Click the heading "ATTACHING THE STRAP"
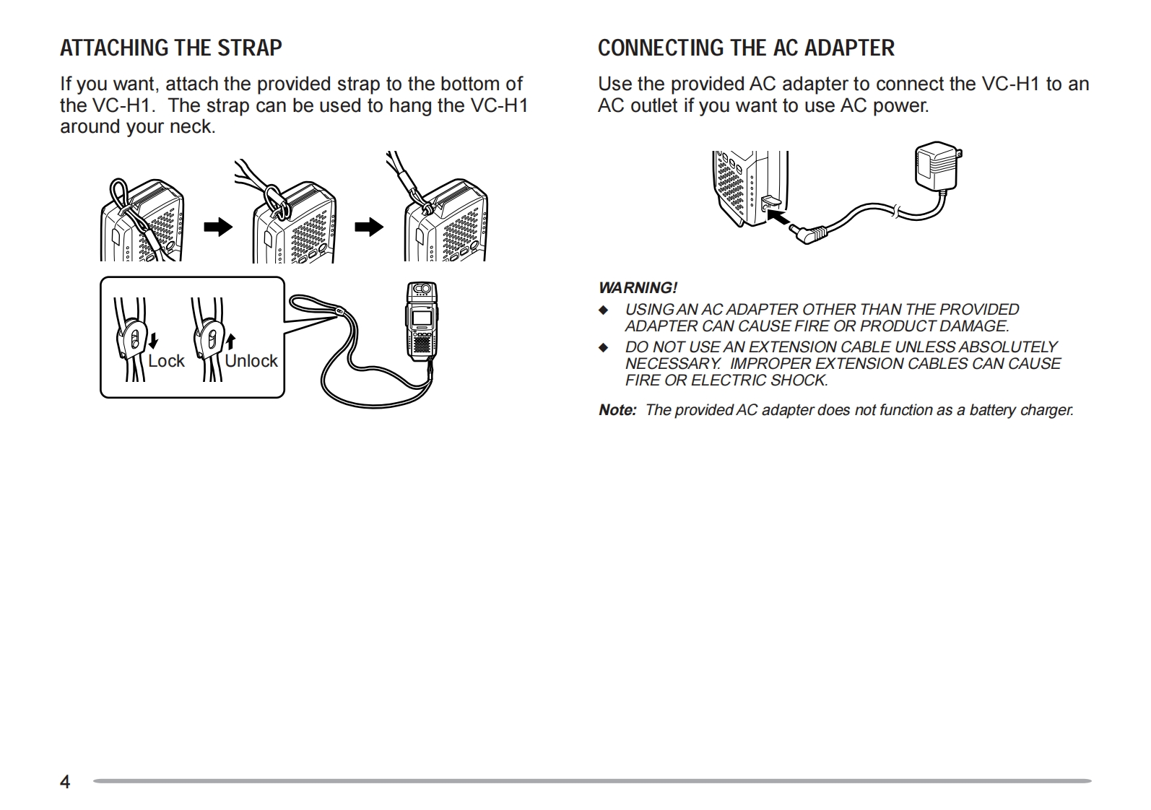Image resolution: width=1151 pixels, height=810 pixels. click(170, 48)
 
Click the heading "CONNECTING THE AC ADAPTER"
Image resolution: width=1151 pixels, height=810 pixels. click(745, 48)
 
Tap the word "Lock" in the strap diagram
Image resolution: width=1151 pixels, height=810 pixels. click(166, 361)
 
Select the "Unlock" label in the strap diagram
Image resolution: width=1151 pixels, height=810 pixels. click(251, 361)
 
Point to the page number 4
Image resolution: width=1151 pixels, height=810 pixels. click(65, 782)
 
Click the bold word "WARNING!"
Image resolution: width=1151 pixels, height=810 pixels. click(638, 288)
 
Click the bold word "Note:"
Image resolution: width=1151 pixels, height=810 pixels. click(617, 410)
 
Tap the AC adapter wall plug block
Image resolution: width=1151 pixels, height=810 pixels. click(937, 166)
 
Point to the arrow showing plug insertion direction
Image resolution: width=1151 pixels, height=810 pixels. click(777, 216)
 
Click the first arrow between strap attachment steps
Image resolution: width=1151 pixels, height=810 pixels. click(218, 227)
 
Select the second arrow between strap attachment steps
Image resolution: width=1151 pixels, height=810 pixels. click(369, 227)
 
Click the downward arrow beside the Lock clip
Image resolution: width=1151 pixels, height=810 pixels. click(153, 340)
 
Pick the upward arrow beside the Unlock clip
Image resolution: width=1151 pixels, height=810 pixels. click(230, 340)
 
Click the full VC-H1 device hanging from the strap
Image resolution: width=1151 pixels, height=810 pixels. click(422, 321)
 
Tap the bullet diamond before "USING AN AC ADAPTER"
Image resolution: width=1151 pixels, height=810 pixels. click(604, 310)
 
